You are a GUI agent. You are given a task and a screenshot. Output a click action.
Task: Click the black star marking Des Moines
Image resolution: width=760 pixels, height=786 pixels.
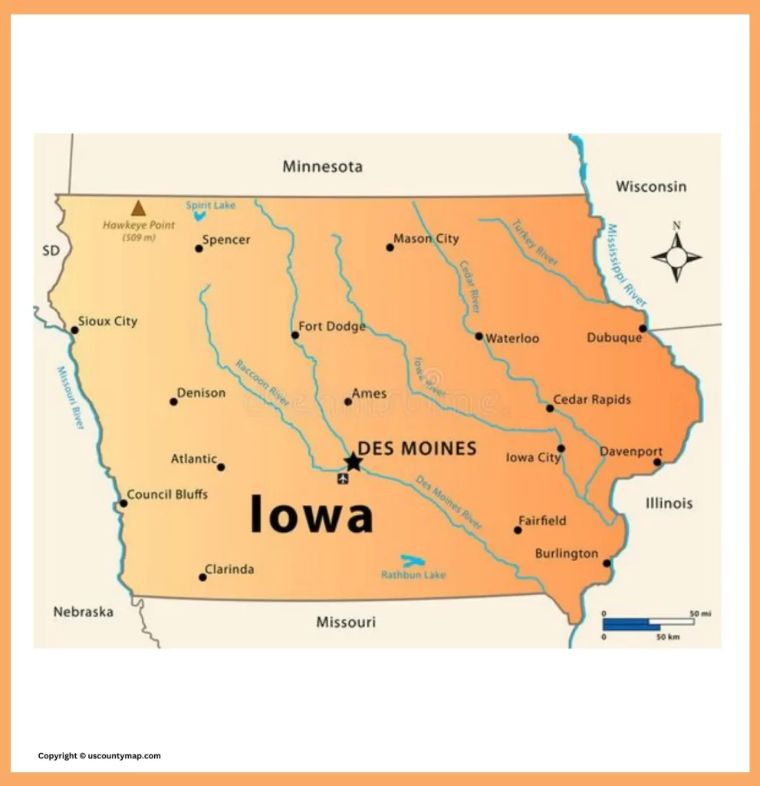[x=353, y=461]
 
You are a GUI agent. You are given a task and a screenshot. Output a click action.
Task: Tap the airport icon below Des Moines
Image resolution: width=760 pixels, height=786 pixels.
[x=343, y=479]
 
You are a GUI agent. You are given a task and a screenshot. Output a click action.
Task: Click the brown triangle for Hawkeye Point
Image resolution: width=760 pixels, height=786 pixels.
[x=138, y=208]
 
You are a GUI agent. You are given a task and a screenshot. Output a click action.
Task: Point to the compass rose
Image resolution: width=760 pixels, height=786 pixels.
[x=676, y=257]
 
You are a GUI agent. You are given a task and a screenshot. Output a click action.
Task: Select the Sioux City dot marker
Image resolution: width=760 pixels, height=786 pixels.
[x=75, y=330]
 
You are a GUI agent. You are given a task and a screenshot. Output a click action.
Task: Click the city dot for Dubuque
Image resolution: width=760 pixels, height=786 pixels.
[x=643, y=329]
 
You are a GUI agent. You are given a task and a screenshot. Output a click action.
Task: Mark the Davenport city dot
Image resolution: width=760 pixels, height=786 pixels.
[x=657, y=462]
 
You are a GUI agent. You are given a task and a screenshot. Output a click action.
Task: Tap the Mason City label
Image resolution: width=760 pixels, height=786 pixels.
[x=426, y=239]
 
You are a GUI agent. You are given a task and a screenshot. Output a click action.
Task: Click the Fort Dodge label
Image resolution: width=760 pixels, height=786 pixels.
[x=332, y=326]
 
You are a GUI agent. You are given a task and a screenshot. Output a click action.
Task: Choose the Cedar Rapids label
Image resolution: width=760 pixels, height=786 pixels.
[x=592, y=399]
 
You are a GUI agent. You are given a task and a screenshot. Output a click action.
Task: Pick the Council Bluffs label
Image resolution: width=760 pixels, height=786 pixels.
[x=167, y=494]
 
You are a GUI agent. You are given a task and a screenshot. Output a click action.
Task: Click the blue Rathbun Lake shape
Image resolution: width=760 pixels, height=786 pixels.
[x=413, y=562]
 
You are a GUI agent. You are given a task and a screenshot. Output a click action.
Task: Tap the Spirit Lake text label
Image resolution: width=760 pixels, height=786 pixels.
[x=211, y=205]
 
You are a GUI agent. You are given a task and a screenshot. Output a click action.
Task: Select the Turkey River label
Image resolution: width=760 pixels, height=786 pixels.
[x=535, y=243]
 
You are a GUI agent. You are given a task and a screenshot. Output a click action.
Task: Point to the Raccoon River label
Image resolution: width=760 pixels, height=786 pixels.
[x=262, y=381]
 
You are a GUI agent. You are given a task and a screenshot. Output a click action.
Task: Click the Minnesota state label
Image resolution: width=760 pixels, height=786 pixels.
[x=322, y=167]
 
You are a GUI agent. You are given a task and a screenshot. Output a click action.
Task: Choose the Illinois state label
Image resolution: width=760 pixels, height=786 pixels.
[x=669, y=504]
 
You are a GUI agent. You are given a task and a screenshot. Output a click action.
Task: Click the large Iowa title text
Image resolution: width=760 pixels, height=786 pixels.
[x=312, y=514]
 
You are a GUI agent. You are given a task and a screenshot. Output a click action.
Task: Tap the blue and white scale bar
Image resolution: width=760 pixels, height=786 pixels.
[x=648, y=623]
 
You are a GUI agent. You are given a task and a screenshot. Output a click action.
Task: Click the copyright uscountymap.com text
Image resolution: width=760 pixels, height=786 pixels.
[x=100, y=756]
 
